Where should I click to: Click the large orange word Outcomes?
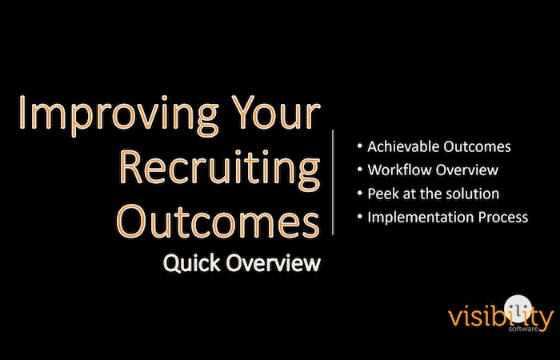(x=218, y=221)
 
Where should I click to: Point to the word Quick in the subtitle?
(x=192, y=263)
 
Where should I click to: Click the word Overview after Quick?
(x=274, y=263)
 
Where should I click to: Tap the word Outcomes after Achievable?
(x=477, y=146)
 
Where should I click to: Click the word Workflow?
(x=398, y=170)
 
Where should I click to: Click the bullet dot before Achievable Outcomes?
(x=360, y=146)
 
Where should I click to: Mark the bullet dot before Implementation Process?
(x=360, y=216)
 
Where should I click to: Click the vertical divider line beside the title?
(x=333, y=182)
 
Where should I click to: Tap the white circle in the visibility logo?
(x=518, y=307)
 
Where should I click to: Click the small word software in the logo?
(x=523, y=329)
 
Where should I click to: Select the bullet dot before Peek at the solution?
(x=360, y=193)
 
